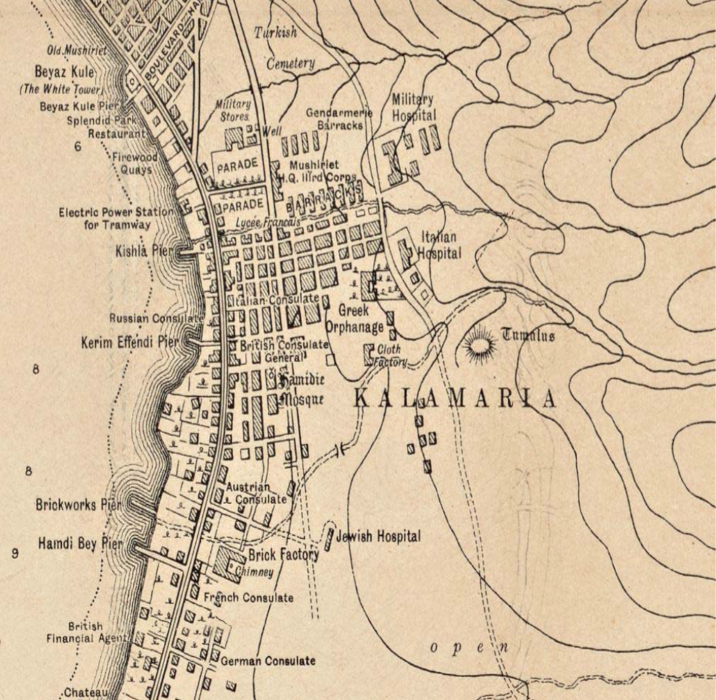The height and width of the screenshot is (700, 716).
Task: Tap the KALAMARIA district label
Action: pyautogui.click(x=455, y=399)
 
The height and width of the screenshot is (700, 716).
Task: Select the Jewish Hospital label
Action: pyautogui.click(x=378, y=537)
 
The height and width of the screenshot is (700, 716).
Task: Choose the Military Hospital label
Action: pyautogui.click(x=414, y=107)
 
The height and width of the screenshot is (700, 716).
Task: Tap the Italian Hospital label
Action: pyautogui.click(x=439, y=245)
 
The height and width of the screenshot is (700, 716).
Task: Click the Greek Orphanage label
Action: pyautogui.click(x=354, y=319)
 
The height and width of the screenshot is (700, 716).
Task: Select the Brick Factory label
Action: pyautogui.click(x=283, y=555)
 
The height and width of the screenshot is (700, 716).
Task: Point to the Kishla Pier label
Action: pyautogui.click(x=141, y=251)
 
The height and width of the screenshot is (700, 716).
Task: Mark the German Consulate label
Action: pyautogui.click(x=268, y=661)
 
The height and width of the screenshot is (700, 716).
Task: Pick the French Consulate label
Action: pyautogui.click(x=249, y=597)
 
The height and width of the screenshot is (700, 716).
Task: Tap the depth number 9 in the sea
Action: pyautogui.click(x=15, y=553)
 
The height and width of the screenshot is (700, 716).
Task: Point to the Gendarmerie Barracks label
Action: pyautogui.click(x=339, y=119)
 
